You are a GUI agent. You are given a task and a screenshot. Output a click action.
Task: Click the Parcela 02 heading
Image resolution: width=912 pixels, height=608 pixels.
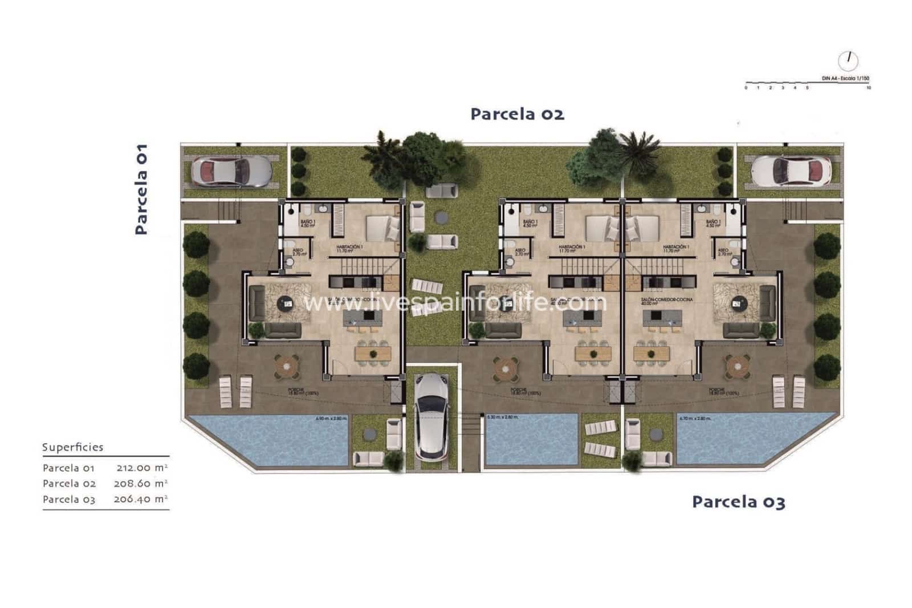tap(517, 114)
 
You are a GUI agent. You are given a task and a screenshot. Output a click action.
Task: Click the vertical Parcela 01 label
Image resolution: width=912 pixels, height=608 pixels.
tap(141, 189)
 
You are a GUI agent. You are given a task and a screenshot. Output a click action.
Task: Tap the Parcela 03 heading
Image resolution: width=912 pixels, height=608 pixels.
tap(738, 502)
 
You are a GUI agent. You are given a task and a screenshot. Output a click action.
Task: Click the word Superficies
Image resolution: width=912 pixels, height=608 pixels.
tap(72, 447)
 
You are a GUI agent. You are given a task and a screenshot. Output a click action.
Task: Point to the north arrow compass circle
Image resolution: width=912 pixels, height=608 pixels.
tap(848, 60)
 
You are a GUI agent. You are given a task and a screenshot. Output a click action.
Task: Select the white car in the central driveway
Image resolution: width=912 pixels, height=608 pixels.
tap(431, 416)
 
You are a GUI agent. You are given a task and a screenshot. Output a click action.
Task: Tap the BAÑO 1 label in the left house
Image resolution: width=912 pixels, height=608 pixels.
tap(307, 223)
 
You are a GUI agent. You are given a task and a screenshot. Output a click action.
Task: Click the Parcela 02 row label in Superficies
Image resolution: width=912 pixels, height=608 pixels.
tap(69, 484)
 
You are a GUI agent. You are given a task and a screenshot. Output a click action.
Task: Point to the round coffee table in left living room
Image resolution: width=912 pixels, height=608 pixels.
tap(287, 304)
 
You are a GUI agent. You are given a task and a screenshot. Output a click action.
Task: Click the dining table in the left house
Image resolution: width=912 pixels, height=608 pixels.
tap(373, 354)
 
